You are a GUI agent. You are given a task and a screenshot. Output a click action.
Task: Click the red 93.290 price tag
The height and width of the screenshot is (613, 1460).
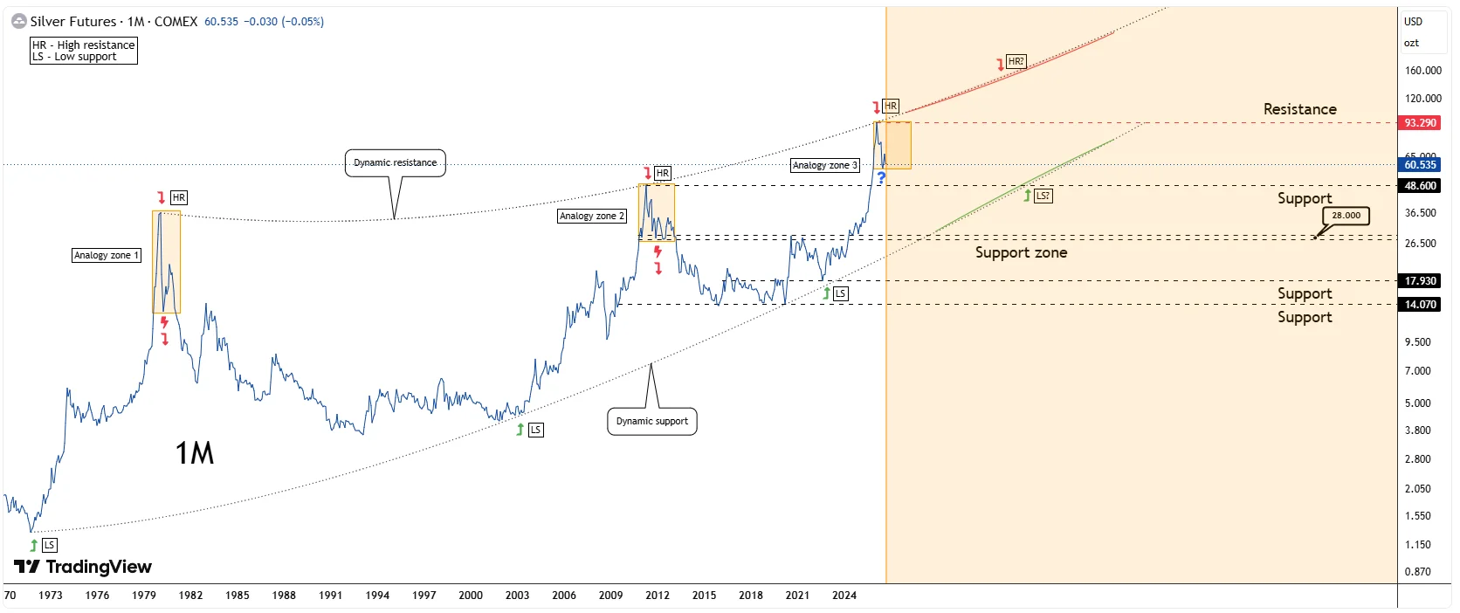click(1420, 122)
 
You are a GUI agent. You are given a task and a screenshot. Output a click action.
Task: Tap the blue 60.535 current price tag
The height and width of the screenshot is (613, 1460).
click(1420, 165)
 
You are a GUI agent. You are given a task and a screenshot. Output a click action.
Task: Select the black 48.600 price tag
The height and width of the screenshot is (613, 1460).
click(1420, 186)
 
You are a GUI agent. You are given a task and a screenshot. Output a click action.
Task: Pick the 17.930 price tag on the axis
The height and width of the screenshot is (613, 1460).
click(1420, 281)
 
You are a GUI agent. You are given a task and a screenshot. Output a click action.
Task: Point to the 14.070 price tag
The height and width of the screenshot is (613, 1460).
click(1420, 305)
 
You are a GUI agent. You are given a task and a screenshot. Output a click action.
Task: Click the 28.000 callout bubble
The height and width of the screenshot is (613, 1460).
click(1346, 216)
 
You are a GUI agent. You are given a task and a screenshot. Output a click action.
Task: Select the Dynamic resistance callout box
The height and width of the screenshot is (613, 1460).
click(395, 163)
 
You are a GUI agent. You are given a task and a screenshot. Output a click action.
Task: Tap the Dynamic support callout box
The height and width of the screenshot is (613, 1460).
click(651, 421)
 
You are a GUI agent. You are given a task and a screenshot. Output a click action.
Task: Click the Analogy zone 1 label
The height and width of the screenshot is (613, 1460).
click(107, 255)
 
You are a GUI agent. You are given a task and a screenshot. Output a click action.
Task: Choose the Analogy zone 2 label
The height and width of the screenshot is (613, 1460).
click(592, 216)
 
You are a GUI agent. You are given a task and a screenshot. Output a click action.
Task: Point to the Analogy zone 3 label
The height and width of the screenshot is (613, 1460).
click(824, 166)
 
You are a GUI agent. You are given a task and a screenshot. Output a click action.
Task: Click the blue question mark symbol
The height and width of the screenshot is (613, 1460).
click(881, 177)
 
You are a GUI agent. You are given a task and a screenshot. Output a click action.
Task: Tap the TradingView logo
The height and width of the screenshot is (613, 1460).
click(83, 567)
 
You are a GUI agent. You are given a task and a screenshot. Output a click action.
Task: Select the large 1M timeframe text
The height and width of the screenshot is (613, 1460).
click(194, 452)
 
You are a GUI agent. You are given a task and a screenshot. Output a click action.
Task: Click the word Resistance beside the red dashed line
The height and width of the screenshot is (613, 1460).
click(1299, 109)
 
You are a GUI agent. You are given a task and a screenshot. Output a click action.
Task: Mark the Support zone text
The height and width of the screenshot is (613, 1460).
click(1021, 253)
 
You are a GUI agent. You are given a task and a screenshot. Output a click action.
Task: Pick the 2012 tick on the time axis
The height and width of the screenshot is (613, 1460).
click(657, 596)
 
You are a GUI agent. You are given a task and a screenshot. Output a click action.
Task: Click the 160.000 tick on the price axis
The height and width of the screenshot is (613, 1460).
click(1422, 71)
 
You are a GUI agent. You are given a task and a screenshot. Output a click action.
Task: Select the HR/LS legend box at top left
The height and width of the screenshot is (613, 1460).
click(84, 51)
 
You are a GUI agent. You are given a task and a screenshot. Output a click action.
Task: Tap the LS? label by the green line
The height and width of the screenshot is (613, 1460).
click(1043, 196)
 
